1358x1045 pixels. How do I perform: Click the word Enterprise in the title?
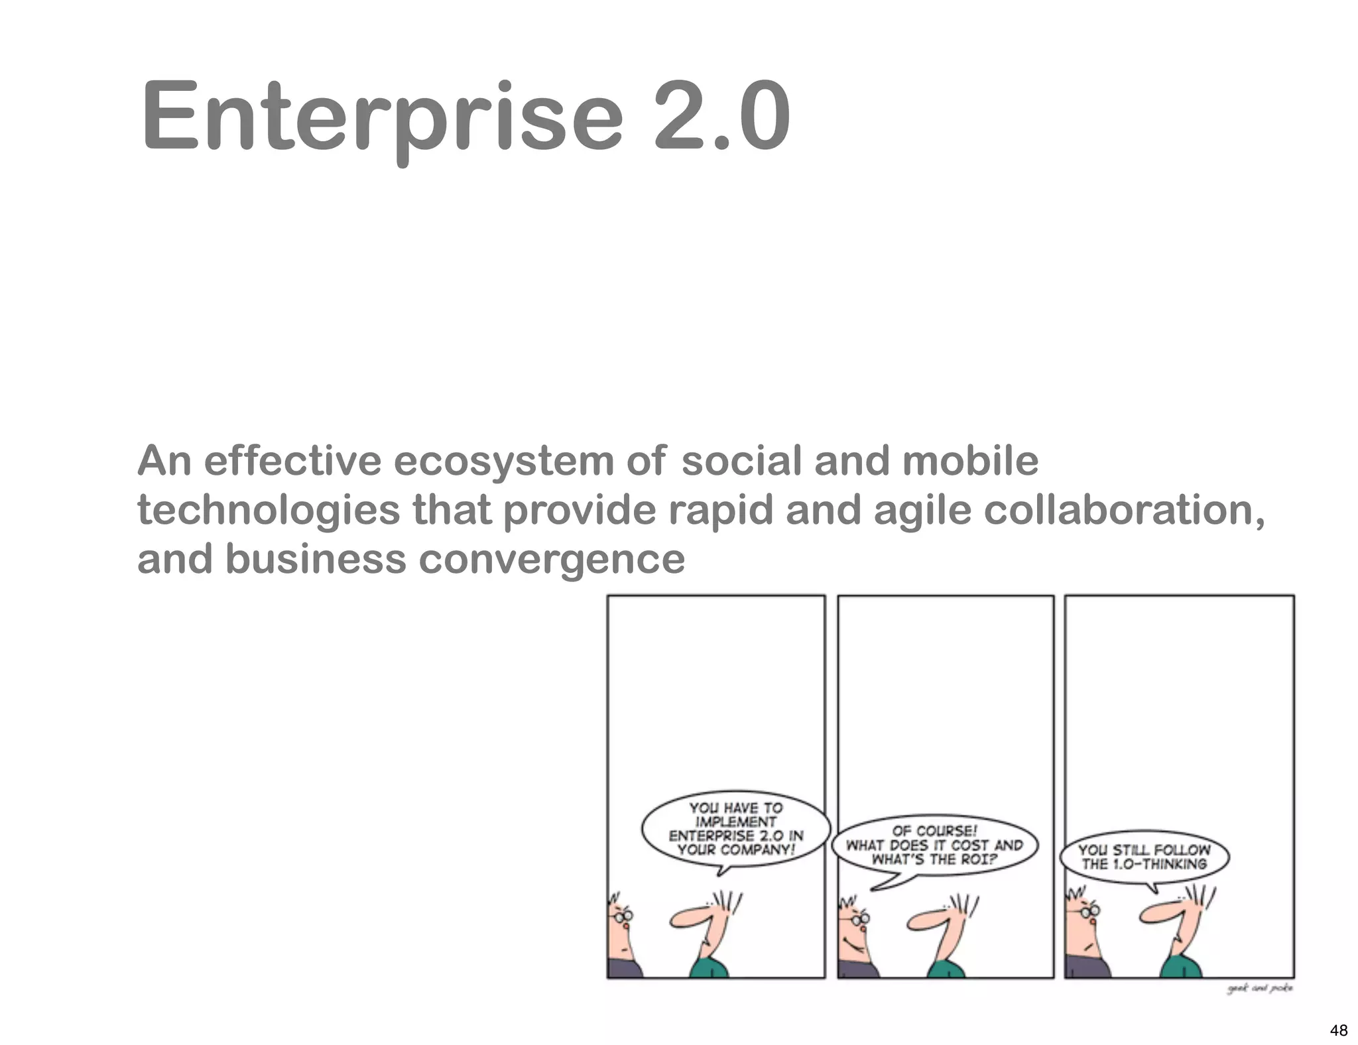(381, 117)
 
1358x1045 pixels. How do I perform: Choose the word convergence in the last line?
(551, 559)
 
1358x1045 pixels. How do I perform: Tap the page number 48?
(1338, 1030)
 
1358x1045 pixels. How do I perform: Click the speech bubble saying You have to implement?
(735, 829)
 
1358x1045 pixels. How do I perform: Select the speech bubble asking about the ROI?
(934, 845)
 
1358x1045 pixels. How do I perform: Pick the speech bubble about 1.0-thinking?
(1144, 857)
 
